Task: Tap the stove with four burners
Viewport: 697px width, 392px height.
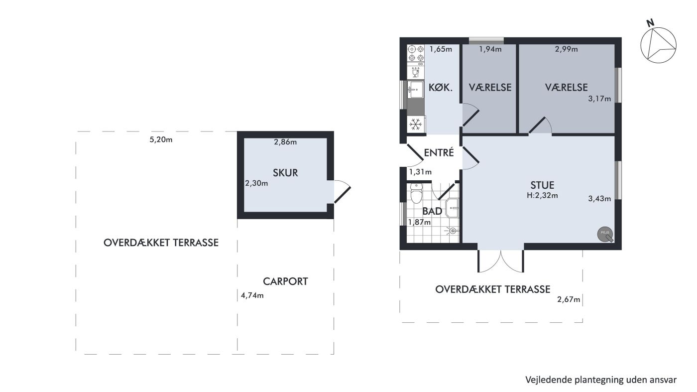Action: [x=416, y=53]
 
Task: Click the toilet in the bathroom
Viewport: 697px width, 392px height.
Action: [x=416, y=193]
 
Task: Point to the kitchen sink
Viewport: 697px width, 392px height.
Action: [x=415, y=89]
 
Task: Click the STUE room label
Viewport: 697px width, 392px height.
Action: [x=542, y=185]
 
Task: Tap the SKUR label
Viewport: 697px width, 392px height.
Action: [x=285, y=173]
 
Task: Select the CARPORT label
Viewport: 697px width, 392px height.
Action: [x=285, y=281]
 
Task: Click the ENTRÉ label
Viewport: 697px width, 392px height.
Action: [x=439, y=152]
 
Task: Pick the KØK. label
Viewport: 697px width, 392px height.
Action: [x=440, y=88]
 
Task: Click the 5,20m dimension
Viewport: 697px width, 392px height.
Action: [x=161, y=139]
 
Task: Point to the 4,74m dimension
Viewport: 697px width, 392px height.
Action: [x=252, y=295]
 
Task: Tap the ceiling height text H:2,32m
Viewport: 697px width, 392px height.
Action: [x=542, y=196]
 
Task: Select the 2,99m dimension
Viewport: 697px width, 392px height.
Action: [x=567, y=49]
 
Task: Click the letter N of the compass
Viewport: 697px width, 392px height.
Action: [x=650, y=23]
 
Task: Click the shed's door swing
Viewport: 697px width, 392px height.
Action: [x=343, y=192]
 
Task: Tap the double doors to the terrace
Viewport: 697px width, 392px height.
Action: [x=501, y=261]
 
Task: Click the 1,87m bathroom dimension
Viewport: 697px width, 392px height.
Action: [x=419, y=222]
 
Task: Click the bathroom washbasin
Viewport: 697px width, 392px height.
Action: [x=453, y=208]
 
